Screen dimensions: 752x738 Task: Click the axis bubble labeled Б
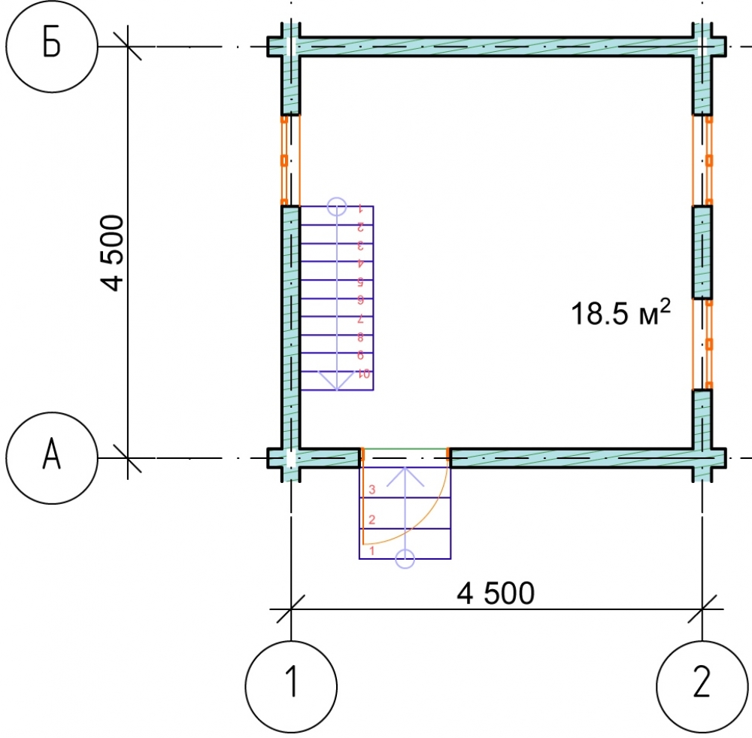[52, 46]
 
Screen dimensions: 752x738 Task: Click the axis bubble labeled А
[52, 458]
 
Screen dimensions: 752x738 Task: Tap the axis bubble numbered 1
[291, 686]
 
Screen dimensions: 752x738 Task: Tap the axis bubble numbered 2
[702, 686]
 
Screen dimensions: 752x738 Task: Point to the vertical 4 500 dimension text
[112, 253]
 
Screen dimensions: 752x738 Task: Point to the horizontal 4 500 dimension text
[496, 593]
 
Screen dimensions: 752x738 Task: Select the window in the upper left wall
[290, 161]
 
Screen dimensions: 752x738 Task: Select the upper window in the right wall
[702, 161]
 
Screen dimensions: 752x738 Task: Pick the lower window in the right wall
[702, 344]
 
